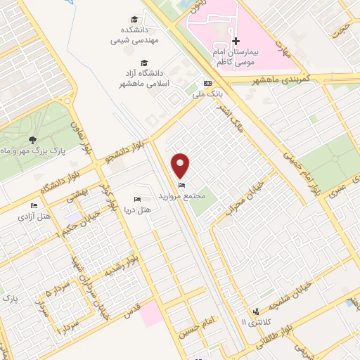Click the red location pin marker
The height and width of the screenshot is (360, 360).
(181, 166)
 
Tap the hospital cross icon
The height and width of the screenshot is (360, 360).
(236, 41)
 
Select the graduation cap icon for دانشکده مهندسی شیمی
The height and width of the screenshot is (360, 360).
(134, 19)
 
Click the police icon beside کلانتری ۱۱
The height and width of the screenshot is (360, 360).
(257, 310)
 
